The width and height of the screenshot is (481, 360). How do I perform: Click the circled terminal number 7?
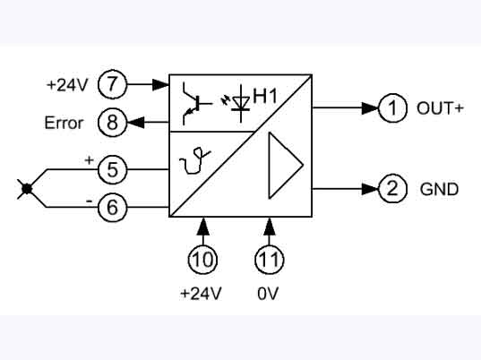click(x=113, y=85)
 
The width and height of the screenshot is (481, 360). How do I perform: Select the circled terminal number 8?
click(x=113, y=122)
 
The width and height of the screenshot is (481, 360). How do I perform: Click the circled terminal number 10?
click(x=204, y=258)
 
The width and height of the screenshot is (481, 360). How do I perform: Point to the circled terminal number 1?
click(x=391, y=108)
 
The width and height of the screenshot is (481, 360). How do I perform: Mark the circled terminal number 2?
click(x=391, y=189)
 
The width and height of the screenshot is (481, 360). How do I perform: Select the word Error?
click(x=63, y=123)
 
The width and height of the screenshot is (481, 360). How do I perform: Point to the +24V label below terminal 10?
click(x=204, y=293)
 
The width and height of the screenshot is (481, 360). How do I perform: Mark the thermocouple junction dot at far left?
click(x=28, y=188)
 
